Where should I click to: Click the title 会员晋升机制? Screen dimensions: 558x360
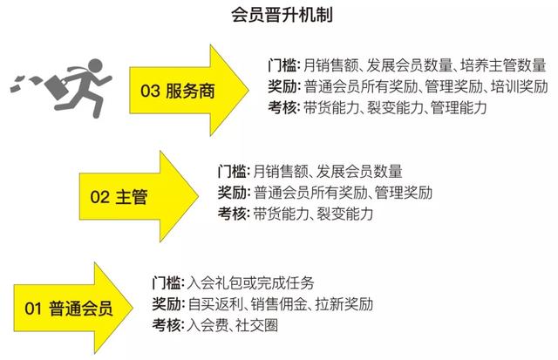point(282,16)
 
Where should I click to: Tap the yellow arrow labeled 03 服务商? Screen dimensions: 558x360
point(189,90)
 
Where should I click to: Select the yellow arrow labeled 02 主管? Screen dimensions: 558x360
point(139,196)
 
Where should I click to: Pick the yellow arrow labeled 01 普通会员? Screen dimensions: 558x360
point(73,308)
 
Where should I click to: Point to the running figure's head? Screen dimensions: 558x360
point(94,66)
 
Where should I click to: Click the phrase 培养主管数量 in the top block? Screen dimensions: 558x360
point(503,65)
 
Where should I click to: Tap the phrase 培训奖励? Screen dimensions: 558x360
point(520,86)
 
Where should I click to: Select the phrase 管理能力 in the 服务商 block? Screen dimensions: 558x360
point(459,108)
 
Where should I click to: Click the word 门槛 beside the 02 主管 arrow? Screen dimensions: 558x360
point(231,172)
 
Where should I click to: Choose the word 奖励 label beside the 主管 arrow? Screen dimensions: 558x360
point(232,193)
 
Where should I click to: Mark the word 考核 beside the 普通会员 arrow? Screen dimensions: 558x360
point(167,325)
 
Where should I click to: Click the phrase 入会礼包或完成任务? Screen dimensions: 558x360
point(250,282)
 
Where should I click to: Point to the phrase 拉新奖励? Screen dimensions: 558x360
point(344,304)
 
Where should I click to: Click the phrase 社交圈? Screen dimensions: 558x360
point(256,325)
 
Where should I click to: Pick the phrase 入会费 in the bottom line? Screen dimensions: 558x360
point(208,325)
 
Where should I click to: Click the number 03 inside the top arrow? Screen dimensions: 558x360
point(150,91)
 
